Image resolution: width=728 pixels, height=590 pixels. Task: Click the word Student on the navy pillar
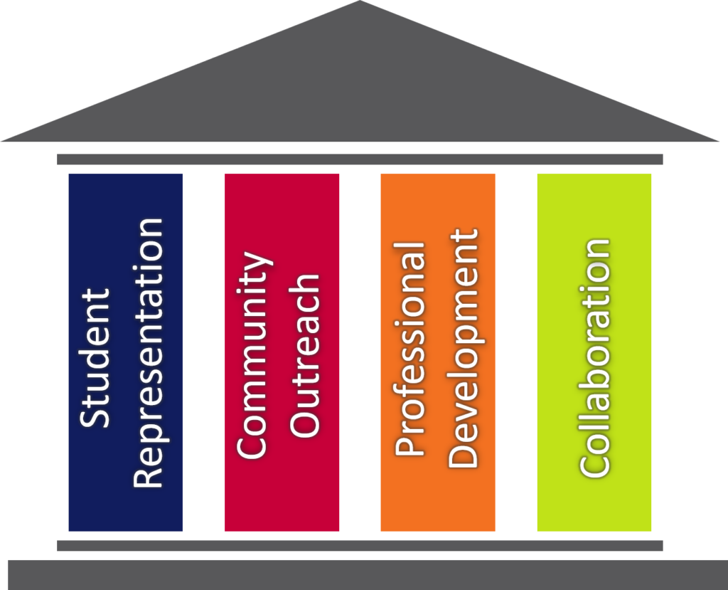95,358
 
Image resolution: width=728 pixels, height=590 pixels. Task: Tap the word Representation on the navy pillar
149,353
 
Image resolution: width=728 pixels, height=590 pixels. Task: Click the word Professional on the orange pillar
410,349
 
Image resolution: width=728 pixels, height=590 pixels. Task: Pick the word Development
462,348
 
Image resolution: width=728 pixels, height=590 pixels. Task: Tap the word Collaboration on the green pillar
594,357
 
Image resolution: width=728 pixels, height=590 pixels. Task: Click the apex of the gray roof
360,1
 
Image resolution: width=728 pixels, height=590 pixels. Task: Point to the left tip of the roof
1,141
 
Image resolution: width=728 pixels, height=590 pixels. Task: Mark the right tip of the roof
719,141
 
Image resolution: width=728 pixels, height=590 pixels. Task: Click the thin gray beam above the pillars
360,159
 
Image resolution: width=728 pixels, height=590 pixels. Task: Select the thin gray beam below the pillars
360,545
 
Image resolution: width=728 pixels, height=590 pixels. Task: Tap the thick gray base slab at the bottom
368,575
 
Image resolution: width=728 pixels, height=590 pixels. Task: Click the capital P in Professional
410,445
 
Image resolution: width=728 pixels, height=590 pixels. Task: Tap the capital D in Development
462,454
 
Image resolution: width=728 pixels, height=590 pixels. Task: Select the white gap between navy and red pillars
203,352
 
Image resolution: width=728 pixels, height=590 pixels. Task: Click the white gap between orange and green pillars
516,352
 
